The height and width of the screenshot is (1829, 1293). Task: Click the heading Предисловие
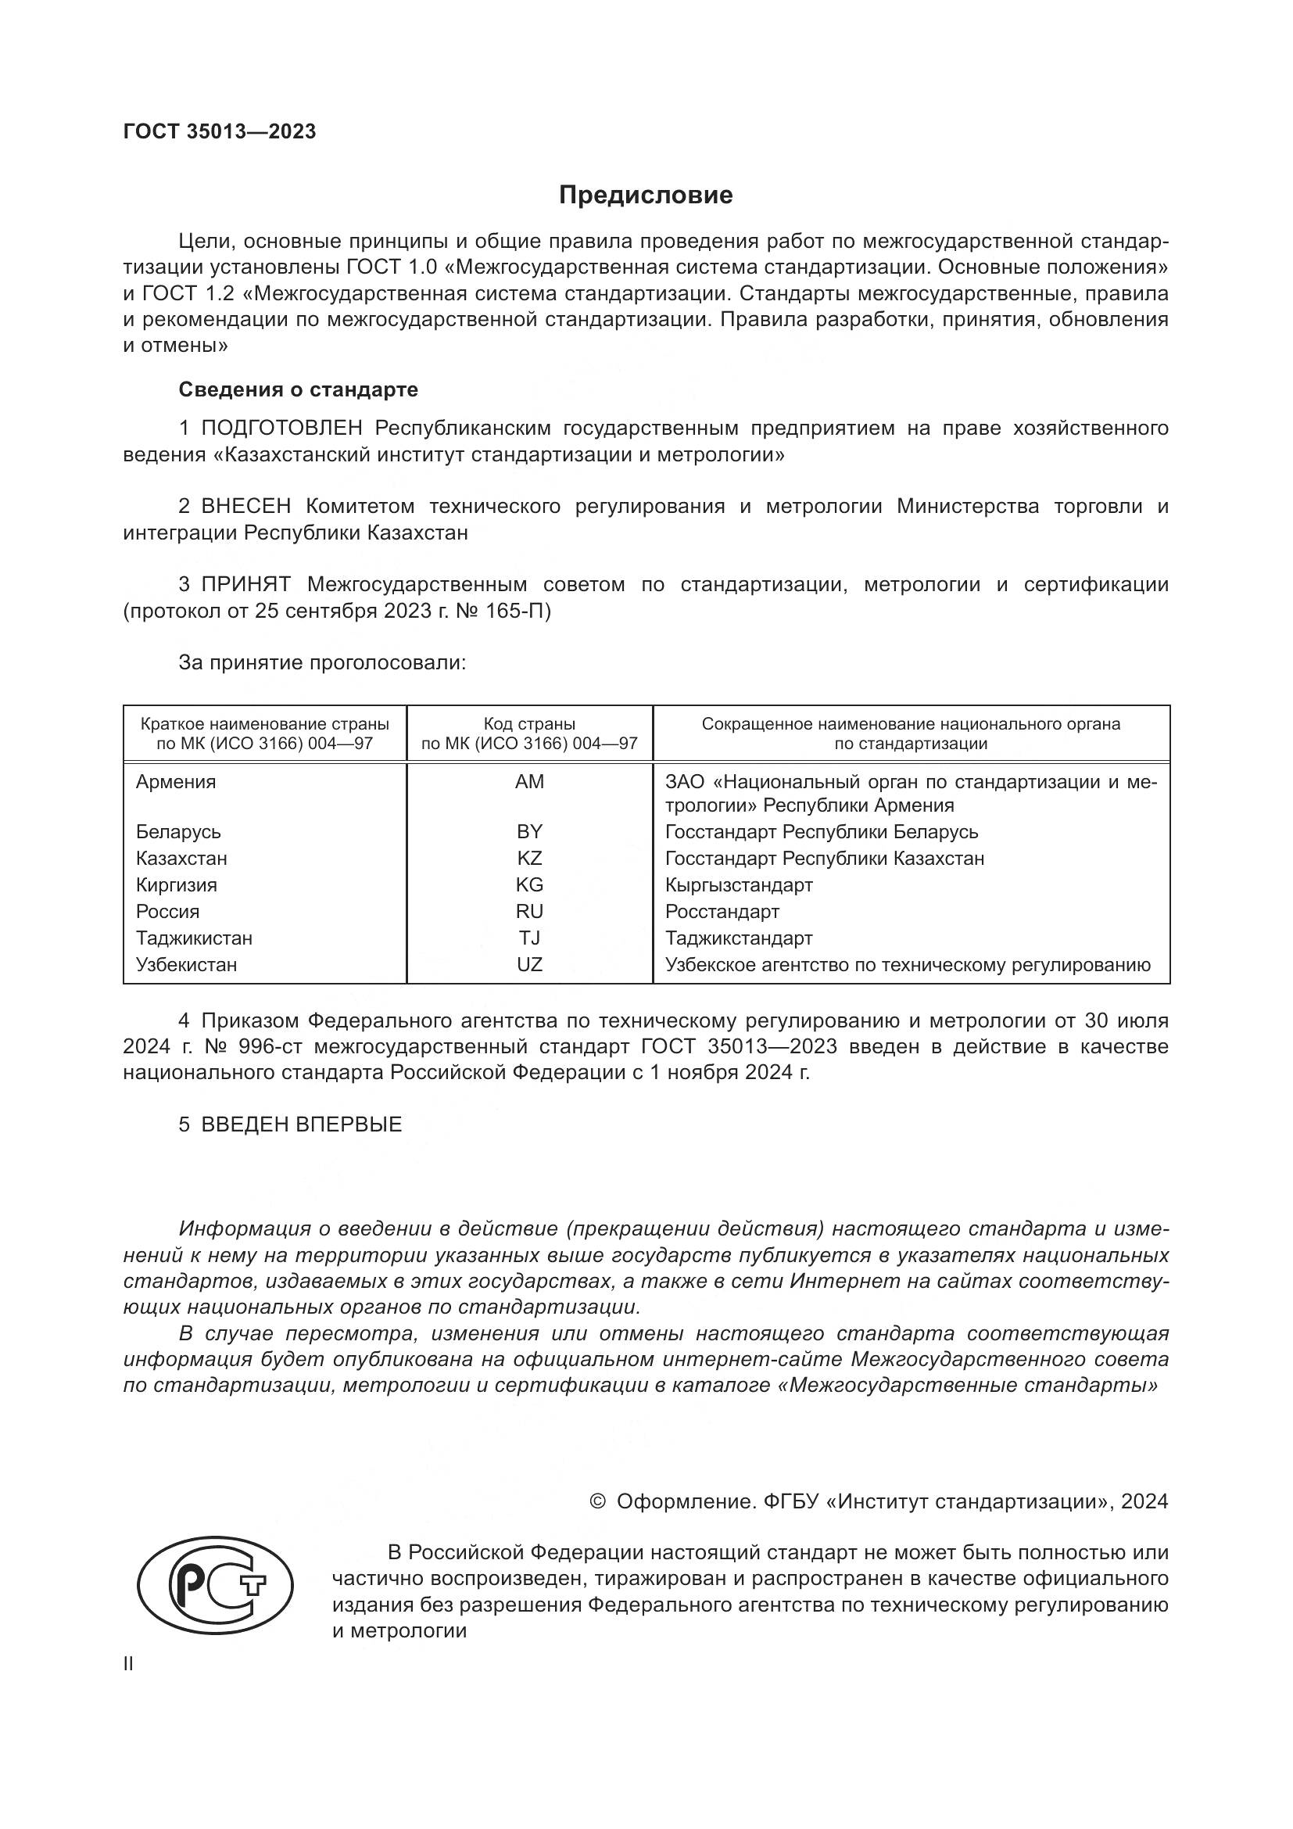[x=646, y=195]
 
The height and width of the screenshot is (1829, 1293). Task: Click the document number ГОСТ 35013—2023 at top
[x=220, y=131]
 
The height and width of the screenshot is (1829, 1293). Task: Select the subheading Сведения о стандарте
[x=298, y=389]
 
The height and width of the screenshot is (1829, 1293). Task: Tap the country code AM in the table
[x=529, y=781]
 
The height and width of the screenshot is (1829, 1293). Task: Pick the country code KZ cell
[x=529, y=858]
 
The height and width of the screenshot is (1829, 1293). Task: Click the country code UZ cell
[x=529, y=965]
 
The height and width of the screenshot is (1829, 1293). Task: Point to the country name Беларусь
[x=178, y=832]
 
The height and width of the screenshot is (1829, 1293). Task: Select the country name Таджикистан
[x=195, y=938]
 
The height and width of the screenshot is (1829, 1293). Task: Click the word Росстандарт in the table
[x=722, y=911]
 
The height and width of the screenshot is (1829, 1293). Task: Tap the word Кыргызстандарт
[x=739, y=885]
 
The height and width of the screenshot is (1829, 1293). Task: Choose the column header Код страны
[x=529, y=724]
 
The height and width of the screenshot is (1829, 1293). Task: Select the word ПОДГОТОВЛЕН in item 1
[x=282, y=429]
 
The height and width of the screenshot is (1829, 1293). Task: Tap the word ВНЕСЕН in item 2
[x=246, y=507]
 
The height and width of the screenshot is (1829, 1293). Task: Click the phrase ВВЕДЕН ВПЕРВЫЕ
[x=302, y=1124]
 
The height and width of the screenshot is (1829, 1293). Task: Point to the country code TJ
[x=529, y=938]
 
